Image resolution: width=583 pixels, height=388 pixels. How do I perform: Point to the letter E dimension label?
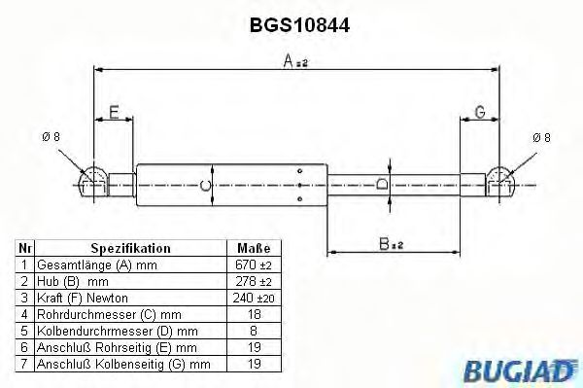coord(115,114)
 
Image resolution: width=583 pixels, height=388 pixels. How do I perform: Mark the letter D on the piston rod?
coord(382,182)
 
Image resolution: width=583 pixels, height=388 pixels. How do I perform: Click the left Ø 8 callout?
coord(50,137)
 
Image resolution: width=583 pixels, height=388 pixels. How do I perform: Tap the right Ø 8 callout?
coord(541,138)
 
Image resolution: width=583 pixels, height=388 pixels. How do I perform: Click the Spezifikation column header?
coord(131,249)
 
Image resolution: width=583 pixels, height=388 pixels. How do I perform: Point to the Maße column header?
coord(253,249)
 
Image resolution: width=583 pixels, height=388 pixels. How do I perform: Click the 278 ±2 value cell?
coord(253,281)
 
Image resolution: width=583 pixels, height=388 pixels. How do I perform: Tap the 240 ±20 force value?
coord(253,297)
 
